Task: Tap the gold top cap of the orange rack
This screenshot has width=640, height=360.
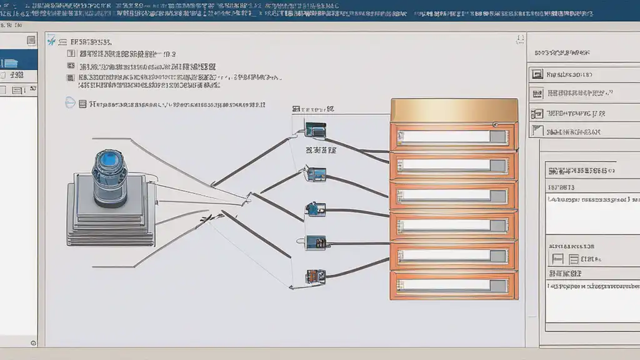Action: [x=454, y=110]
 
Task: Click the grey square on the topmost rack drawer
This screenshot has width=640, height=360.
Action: [x=498, y=137]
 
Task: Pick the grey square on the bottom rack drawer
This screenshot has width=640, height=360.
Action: [x=498, y=285]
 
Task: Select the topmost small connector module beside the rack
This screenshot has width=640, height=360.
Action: [x=316, y=130]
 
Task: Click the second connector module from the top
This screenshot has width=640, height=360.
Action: [x=315, y=173]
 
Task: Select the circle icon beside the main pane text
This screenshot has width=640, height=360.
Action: [x=70, y=104]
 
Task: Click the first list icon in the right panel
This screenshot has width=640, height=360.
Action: [x=536, y=74]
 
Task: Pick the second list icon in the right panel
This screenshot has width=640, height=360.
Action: [x=536, y=94]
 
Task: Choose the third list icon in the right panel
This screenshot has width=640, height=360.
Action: [x=536, y=114]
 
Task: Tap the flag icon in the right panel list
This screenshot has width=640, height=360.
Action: [x=536, y=131]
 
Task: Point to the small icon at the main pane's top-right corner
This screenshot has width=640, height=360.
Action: [x=519, y=40]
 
